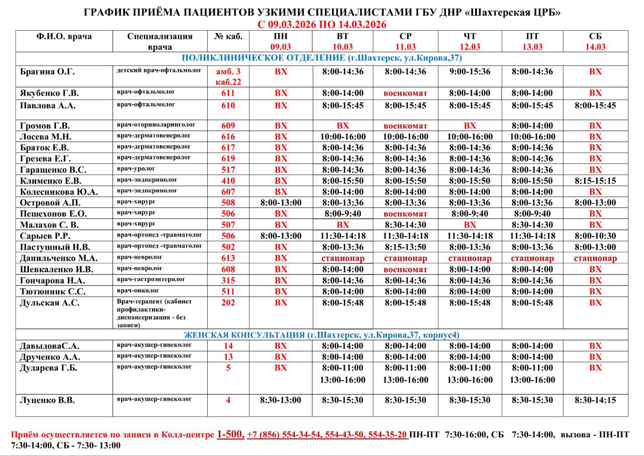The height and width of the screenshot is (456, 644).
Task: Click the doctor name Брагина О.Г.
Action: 47,71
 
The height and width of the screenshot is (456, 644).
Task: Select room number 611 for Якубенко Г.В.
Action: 228,93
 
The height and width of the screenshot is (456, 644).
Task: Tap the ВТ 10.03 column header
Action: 342,41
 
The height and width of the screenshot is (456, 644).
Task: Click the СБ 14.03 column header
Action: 595,41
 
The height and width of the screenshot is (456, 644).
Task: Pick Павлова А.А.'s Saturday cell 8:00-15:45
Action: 595,106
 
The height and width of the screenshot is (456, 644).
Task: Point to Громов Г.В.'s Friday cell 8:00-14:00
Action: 532,126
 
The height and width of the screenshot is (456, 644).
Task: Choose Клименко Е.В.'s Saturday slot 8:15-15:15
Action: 595,181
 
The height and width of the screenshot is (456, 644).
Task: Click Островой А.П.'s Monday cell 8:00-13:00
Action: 281,203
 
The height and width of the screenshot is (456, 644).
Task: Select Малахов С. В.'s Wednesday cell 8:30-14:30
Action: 405,225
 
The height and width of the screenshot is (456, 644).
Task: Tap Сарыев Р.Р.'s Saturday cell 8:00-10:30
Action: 595,236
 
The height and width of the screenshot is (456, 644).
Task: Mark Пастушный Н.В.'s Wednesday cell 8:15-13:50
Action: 405,247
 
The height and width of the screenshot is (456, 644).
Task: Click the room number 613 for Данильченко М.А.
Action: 228,258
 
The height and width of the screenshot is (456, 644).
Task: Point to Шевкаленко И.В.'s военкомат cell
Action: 405,269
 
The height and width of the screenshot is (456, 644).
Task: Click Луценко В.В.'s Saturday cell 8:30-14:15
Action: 595,400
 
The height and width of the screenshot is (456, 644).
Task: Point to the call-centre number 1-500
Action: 230,434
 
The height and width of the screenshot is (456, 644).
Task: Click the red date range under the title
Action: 321,25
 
